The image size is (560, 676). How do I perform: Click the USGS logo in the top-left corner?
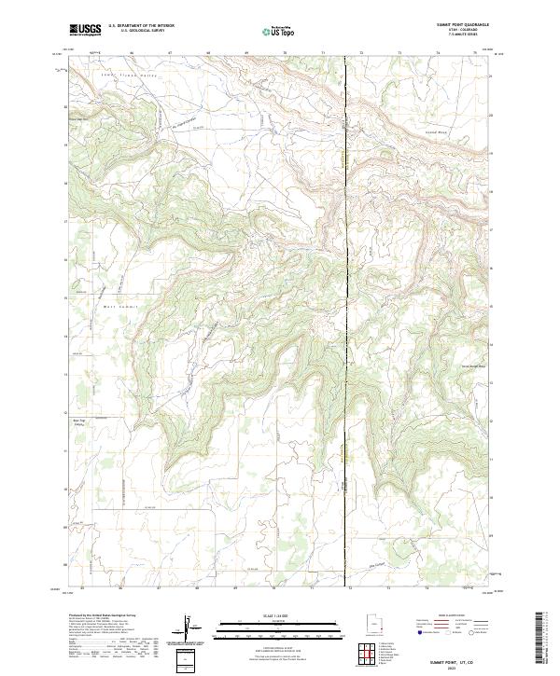click(x=85, y=30)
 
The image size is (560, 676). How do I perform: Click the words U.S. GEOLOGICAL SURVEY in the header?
click(x=141, y=31)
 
